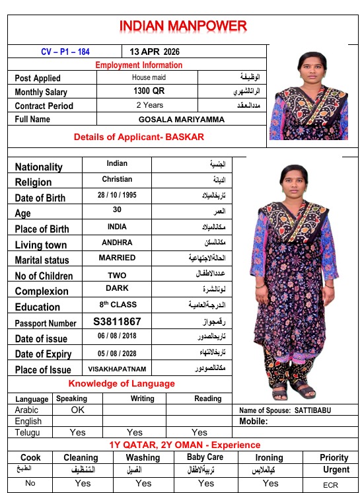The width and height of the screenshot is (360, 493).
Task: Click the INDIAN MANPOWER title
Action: (183, 27)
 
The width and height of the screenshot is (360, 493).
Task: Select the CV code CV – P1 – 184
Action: (65, 52)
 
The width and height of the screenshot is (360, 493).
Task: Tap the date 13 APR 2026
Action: (154, 52)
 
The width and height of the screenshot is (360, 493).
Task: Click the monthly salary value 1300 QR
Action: (149, 91)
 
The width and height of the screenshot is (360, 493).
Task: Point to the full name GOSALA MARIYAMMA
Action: (182, 120)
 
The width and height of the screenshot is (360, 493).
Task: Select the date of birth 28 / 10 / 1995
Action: (117, 196)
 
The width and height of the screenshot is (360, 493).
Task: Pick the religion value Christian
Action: (117, 179)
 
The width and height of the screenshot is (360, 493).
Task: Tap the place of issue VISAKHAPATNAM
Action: (117, 369)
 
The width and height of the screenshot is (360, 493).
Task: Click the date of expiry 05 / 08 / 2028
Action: (117, 354)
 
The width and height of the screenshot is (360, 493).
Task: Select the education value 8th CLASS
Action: (117, 305)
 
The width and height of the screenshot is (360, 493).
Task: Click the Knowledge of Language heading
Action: (122, 383)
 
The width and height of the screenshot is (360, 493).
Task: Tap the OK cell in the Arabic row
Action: (77, 410)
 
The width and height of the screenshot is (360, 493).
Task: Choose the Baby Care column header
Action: (205, 457)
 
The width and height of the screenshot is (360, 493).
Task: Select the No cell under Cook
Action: (30, 483)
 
